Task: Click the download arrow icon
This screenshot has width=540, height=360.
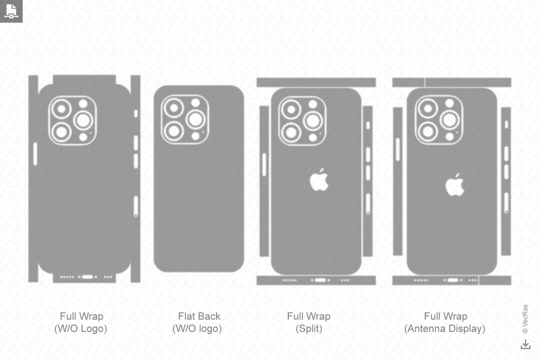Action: pos(525,345)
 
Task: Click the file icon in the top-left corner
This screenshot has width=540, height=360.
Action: pos(11,11)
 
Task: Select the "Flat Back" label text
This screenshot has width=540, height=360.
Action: pos(199,316)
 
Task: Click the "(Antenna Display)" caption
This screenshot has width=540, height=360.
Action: pos(445,329)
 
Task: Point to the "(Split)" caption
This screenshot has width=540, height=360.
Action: pos(309,329)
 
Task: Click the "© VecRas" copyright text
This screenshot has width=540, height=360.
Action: pos(525,319)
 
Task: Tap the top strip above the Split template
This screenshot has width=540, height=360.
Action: pos(316,82)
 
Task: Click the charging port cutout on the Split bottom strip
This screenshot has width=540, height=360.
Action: pos(320,280)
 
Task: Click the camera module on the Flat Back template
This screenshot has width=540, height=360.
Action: pos(185,119)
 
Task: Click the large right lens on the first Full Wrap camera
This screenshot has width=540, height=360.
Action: pos(83,120)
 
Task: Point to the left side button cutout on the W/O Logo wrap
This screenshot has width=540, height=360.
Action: pos(35,154)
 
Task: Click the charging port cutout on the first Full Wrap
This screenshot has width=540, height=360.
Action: pos(87,277)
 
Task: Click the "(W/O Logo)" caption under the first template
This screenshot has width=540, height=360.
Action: pos(81,329)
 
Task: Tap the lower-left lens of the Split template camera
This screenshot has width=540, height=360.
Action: pos(291,132)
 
